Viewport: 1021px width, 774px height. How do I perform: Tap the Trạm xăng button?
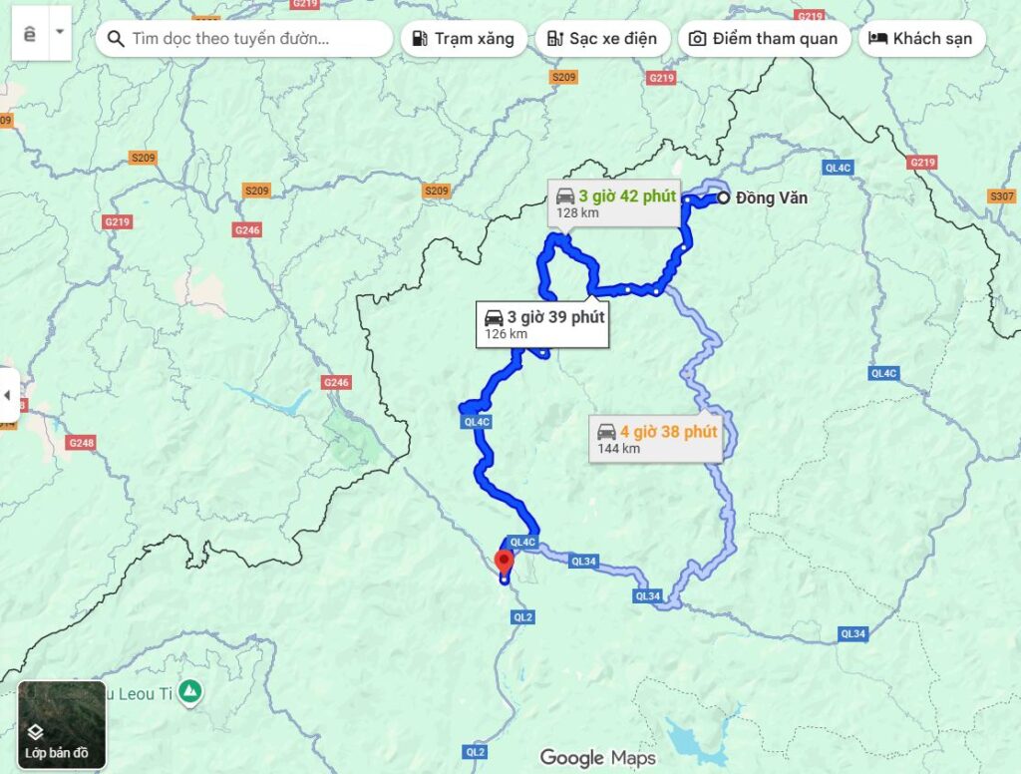[463, 39]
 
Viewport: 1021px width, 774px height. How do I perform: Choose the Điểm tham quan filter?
[765, 39]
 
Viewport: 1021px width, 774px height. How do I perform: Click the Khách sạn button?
[921, 39]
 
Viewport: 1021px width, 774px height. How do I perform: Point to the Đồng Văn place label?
[771, 197]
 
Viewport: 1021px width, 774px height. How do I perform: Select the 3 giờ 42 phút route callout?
[613, 201]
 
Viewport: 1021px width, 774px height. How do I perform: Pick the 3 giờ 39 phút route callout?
[541, 324]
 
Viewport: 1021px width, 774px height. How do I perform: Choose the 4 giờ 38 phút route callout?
[655, 438]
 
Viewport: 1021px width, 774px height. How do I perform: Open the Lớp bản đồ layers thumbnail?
[62, 725]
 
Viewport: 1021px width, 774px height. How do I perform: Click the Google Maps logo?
[597, 757]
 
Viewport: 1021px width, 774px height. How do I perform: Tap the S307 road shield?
[1002, 195]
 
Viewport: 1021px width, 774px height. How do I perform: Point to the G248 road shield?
[82, 442]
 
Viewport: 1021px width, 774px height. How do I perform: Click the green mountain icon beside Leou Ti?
[190, 690]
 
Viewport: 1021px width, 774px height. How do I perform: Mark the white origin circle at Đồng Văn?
[723, 197]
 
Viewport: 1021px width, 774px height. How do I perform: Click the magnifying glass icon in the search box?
[115, 39]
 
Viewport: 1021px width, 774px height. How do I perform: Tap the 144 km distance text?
[618, 449]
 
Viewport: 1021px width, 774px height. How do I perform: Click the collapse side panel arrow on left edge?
[9, 395]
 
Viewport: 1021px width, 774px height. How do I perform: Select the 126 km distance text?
[506, 334]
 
